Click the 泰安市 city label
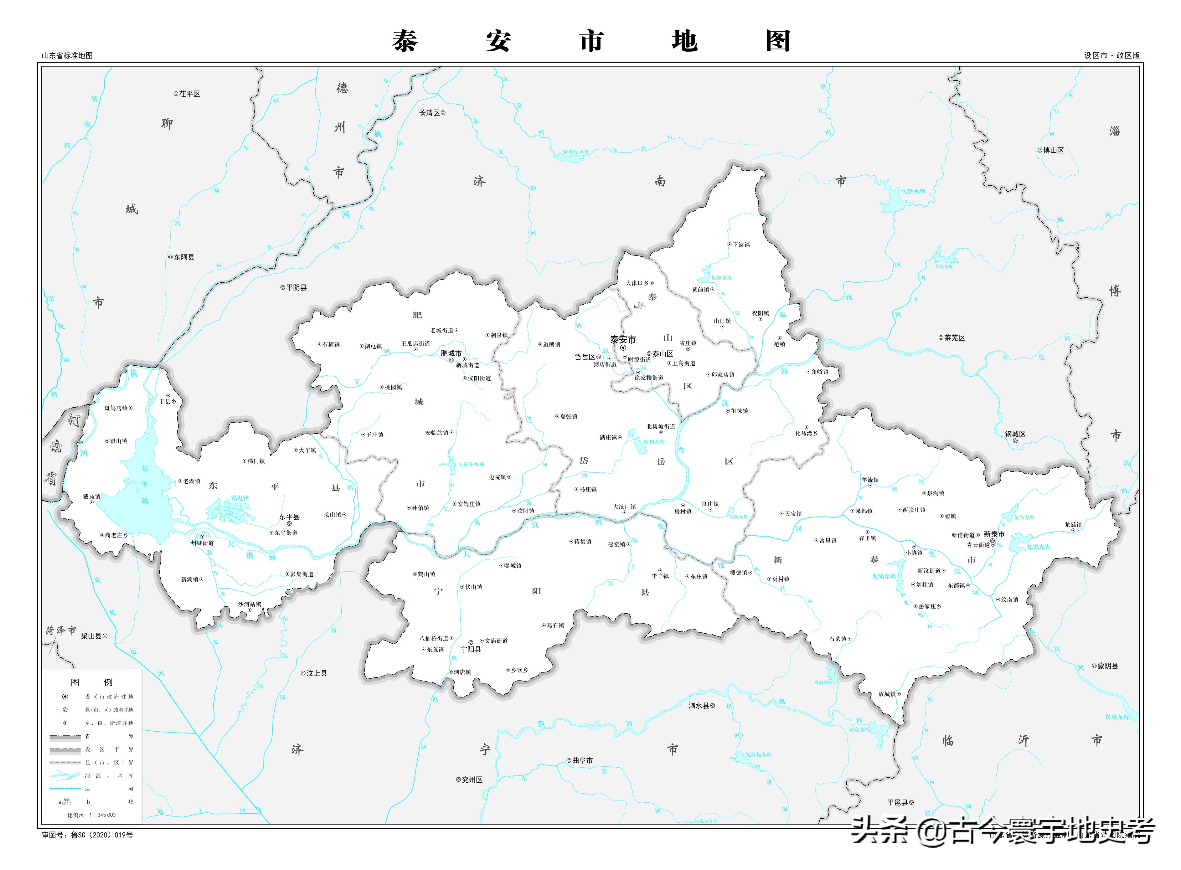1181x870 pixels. (x=623, y=340)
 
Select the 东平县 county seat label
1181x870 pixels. (x=289, y=517)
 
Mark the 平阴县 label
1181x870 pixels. (x=296, y=287)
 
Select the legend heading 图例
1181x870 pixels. (x=92, y=682)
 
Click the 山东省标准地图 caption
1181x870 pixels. (x=67, y=55)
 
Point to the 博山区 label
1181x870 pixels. (x=1054, y=150)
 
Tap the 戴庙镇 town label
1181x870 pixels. (x=92, y=497)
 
